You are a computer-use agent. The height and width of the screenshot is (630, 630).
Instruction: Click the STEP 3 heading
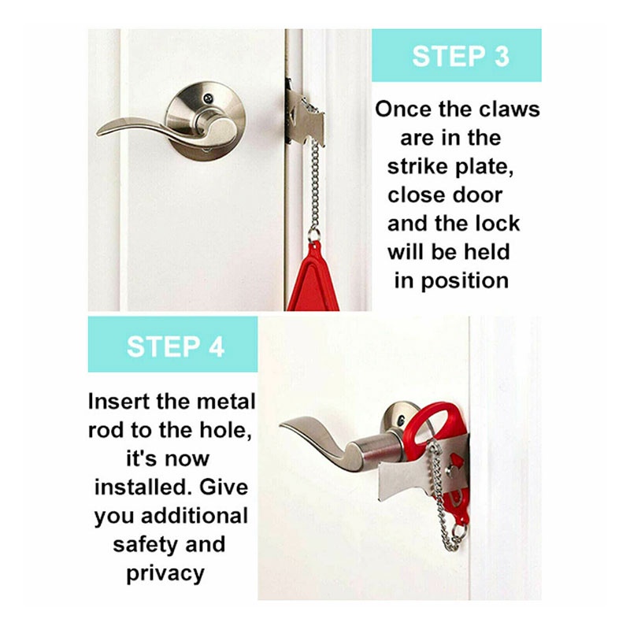coord(461,56)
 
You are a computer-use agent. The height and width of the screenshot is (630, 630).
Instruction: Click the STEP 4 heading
coord(176,346)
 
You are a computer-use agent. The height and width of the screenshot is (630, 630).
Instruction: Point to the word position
coord(465,281)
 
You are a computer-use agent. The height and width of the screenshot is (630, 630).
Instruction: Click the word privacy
coord(165,574)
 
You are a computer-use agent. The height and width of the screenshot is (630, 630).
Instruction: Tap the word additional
coord(195,516)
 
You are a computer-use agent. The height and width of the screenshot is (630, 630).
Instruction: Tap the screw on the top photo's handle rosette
coord(208,98)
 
